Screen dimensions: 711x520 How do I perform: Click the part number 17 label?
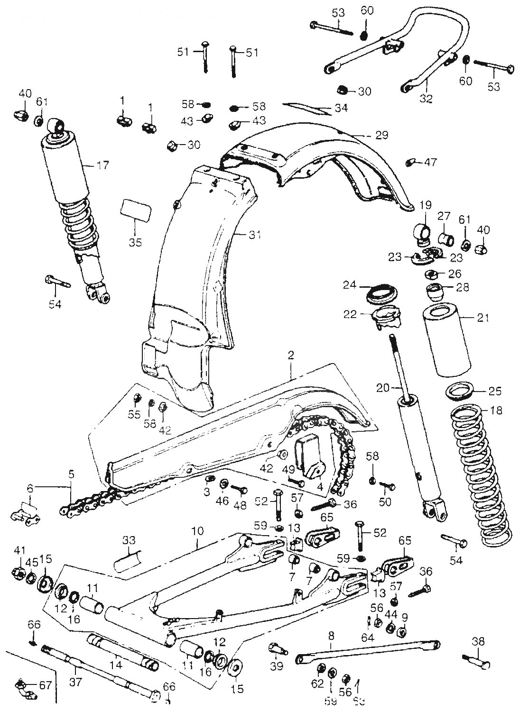click(102, 166)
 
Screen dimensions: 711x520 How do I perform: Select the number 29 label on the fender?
click(381, 135)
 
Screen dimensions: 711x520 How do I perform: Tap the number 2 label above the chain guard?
click(290, 355)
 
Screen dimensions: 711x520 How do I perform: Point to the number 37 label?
click(76, 682)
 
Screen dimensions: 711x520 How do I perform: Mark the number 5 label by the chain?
click(71, 474)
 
